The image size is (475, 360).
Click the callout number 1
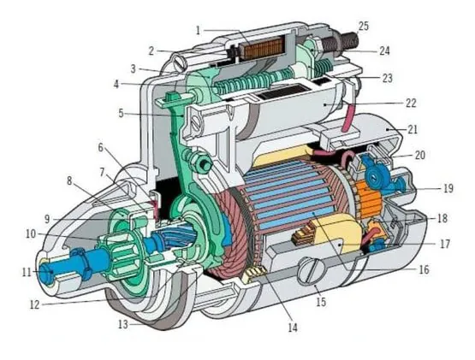198,30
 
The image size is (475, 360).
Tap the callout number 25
364,27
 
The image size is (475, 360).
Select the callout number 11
27,273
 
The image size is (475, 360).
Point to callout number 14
293,328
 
